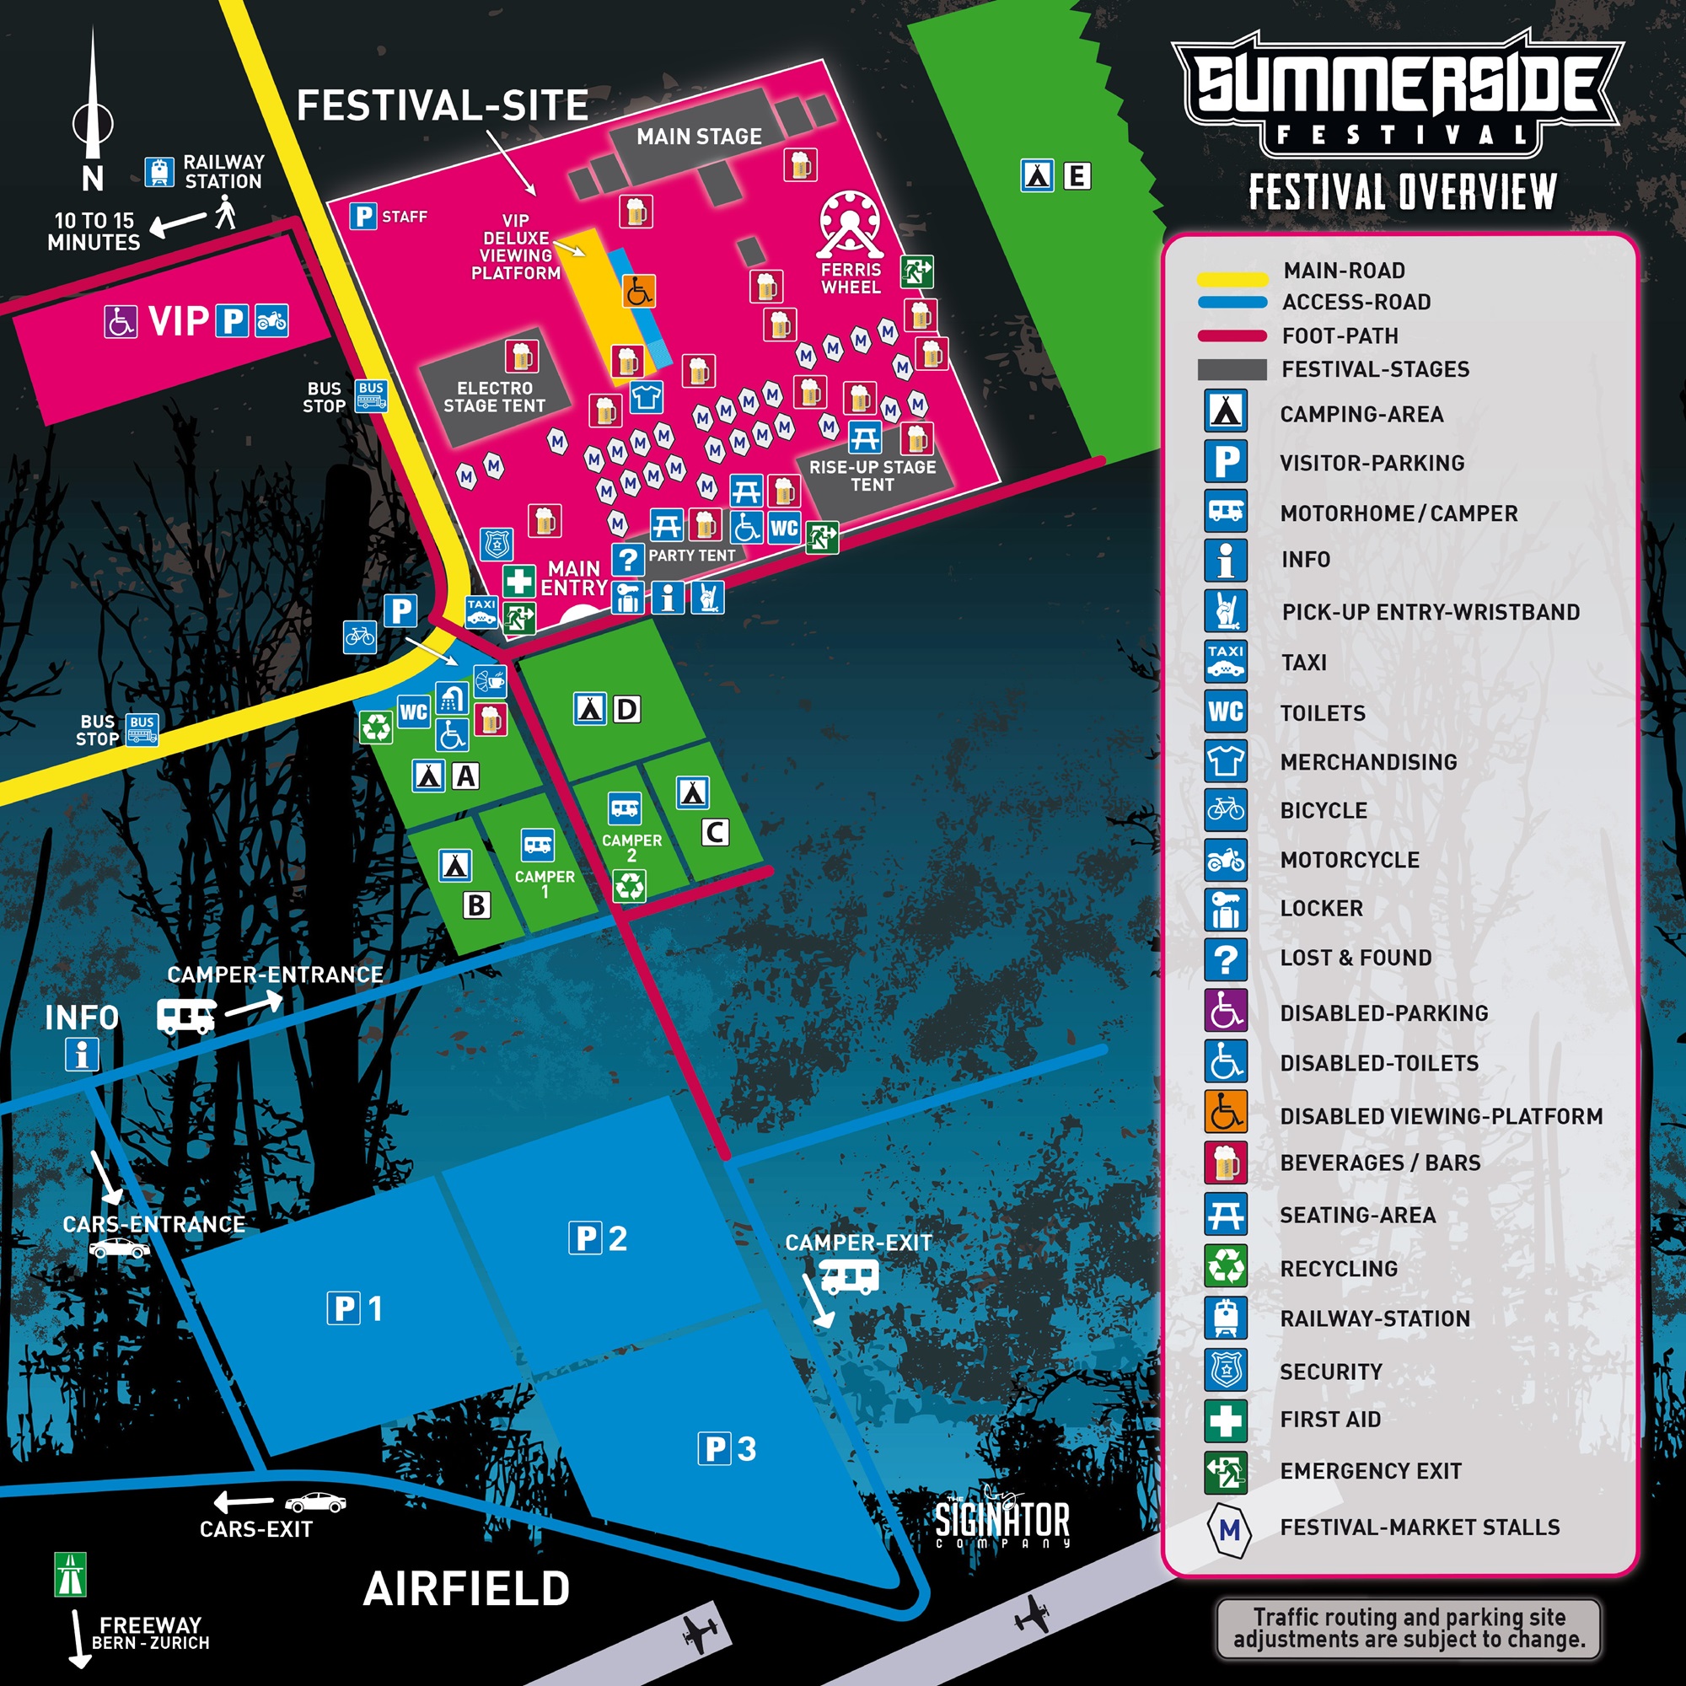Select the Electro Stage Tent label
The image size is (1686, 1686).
[494, 397]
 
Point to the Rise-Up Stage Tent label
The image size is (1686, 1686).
[872, 475]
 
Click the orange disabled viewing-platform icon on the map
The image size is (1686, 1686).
[639, 291]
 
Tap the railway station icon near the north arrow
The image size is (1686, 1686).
[158, 172]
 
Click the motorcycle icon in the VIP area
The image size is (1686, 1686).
[271, 321]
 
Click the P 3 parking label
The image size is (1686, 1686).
[727, 1449]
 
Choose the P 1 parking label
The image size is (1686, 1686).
[356, 1309]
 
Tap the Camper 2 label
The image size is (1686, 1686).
[631, 846]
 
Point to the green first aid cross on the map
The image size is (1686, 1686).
[518, 580]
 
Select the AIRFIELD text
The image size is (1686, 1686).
[467, 1589]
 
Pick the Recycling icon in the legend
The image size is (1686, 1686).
[1225, 1266]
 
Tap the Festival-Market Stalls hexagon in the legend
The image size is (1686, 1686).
[1229, 1530]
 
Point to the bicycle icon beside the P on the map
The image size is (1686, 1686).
[360, 637]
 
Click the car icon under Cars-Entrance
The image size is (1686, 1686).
[120, 1248]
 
